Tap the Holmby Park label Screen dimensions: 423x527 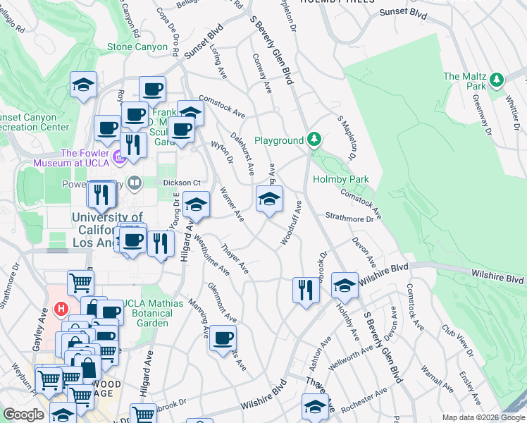point(341,179)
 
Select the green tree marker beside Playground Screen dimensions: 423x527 point(314,140)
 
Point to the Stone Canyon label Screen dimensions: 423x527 point(138,47)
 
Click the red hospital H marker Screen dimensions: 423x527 point(61,309)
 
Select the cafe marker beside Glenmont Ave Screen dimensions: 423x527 point(223,338)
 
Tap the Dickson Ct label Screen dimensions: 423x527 point(177,182)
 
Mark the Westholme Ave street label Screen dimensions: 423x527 point(212,255)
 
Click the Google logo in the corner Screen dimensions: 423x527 point(23,415)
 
